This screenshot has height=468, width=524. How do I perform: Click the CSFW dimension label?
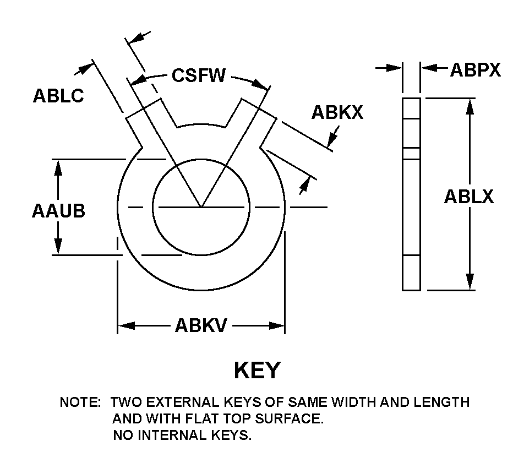pos(199,75)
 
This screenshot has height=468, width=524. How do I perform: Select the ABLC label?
pos(58,96)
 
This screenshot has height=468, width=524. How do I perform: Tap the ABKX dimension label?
pos(337,112)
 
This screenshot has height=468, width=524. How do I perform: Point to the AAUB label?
pos(58,210)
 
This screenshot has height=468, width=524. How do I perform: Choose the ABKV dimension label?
pos(201,326)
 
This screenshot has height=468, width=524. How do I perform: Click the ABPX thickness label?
pos(475,70)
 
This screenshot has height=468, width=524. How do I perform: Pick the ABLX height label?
pos(468,197)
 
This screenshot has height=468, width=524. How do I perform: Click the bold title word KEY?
pos(257,371)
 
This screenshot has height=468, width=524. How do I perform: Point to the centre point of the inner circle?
pos(201,208)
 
